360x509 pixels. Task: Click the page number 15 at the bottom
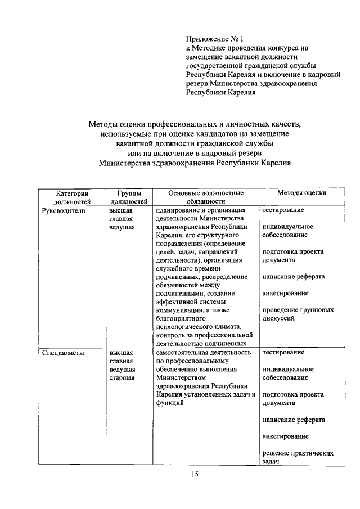[194, 475]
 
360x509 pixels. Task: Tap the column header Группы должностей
[129, 196]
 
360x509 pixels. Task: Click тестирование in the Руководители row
[283, 210]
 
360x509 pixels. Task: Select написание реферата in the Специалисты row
[293, 420]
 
